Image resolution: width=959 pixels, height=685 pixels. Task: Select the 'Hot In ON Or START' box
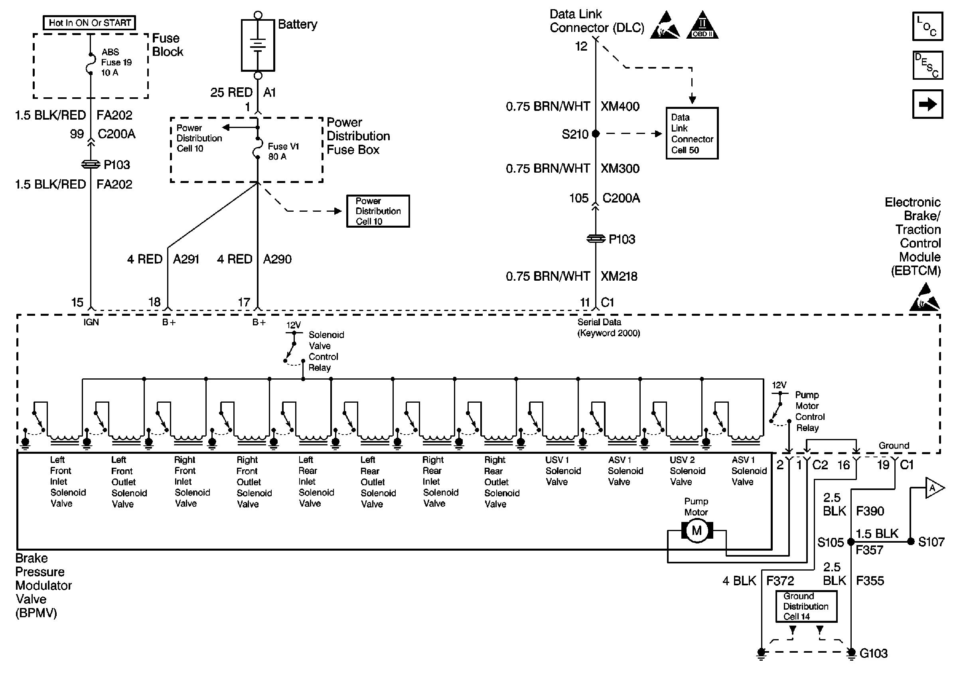[x=89, y=23]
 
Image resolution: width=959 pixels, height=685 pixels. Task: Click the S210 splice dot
[x=596, y=134]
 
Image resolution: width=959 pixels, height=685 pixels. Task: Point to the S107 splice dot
[x=911, y=541]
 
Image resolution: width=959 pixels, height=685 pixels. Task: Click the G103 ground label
[x=873, y=654]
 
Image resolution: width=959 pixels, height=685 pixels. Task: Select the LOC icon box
[x=927, y=27]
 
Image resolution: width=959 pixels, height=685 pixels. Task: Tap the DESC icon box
[x=927, y=65]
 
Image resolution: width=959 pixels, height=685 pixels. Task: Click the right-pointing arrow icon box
[x=927, y=104]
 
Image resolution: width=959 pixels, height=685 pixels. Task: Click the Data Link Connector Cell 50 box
[x=692, y=133]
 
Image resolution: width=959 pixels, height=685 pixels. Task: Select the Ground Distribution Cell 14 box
[x=806, y=606]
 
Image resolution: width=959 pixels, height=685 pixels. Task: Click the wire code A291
[x=186, y=259]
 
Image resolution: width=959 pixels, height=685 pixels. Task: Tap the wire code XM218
[x=619, y=276]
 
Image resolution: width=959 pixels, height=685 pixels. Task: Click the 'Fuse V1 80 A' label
[x=283, y=152]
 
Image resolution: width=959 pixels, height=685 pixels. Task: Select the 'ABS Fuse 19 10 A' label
[x=116, y=63]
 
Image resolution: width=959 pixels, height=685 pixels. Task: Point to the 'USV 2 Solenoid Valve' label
[x=687, y=471]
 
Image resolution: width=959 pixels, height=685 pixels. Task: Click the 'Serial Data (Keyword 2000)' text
[x=608, y=328]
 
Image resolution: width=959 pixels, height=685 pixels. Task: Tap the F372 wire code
[x=780, y=581]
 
